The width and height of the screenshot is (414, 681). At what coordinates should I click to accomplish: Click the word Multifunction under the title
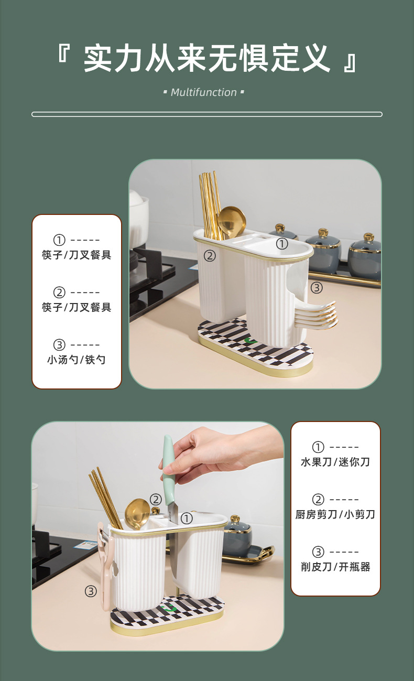click(x=204, y=93)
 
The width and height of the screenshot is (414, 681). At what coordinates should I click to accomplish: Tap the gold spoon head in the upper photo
click(x=231, y=221)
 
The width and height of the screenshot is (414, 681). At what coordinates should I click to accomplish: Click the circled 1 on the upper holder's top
click(x=282, y=244)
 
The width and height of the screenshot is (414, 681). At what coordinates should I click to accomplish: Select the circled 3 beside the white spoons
click(x=316, y=287)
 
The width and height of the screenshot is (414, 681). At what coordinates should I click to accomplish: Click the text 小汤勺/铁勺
click(x=77, y=360)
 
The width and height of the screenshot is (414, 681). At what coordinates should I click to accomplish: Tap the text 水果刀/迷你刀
click(x=335, y=462)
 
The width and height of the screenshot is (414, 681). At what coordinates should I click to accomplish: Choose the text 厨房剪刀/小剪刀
click(x=335, y=514)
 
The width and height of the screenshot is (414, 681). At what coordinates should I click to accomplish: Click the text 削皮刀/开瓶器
click(x=335, y=567)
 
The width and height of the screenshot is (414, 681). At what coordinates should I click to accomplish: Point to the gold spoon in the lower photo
click(x=137, y=513)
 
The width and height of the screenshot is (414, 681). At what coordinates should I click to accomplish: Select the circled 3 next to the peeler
click(x=91, y=591)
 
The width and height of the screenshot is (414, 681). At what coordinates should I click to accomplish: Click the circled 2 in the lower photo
click(x=156, y=500)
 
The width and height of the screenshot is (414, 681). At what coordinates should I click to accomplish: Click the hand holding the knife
click(x=220, y=451)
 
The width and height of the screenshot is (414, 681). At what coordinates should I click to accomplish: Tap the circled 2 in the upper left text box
click(x=59, y=292)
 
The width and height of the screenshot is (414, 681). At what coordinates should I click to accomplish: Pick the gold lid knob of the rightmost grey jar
click(x=368, y=237)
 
